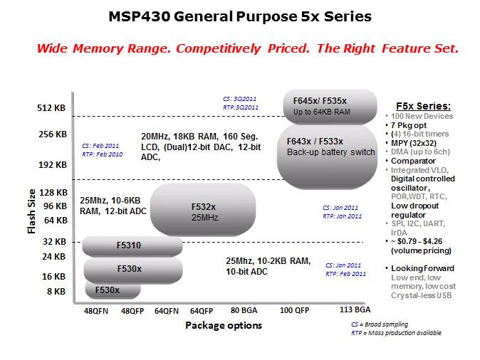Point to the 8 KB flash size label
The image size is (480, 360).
57,292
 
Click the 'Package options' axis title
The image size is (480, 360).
224,326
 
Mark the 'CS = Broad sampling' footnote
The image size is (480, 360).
370,324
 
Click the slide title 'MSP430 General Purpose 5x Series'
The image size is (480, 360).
239,15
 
